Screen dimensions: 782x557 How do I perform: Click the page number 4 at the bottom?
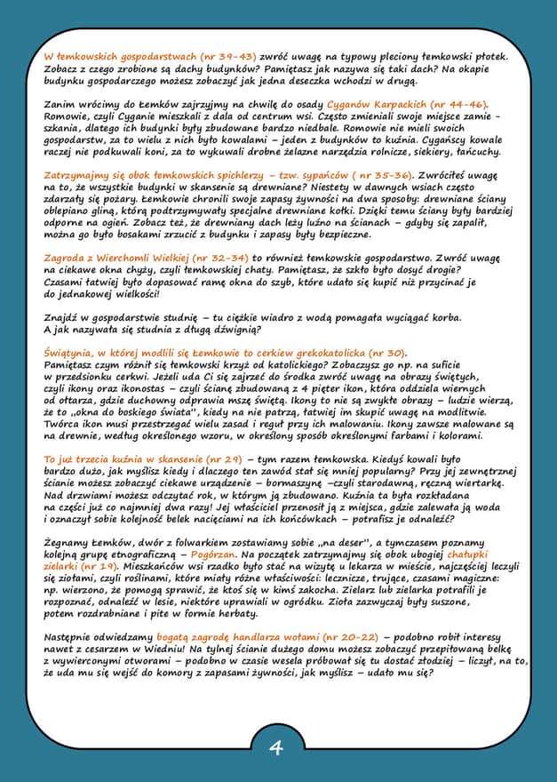click(276, 747)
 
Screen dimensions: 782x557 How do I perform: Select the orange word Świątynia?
click(74, 352)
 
